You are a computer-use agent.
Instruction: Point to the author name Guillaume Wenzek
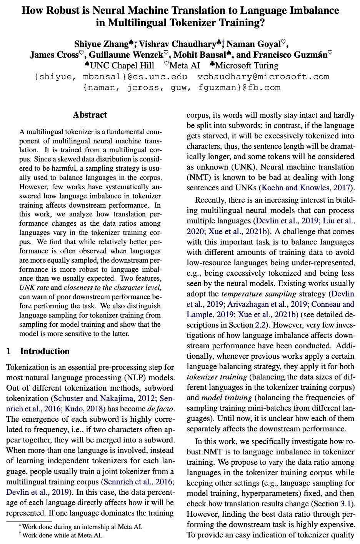126,55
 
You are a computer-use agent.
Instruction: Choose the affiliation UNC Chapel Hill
122,66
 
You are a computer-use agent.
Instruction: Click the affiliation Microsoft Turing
247,66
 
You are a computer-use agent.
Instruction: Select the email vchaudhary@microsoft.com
263,77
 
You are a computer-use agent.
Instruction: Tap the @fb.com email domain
262,88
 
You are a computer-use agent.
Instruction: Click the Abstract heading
90,115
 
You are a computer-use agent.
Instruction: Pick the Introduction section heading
45,351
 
